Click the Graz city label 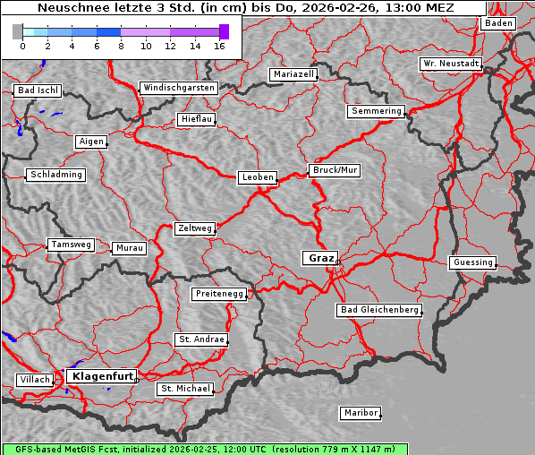pos(320,258)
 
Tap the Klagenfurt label pos(101,376)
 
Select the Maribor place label pos(361,413)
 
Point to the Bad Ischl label pos(38,90)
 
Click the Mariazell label pos(293,74)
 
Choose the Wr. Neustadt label pos(450,64)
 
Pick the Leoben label pos(258,177)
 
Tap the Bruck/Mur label pos(335,169)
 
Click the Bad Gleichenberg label pos(378,310)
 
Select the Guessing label pos(471,262)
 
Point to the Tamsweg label pos(70,245)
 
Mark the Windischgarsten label pos(178,88)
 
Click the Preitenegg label pos(218,294)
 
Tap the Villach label pos(35,380)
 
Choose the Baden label pos(498,23)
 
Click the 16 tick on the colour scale pos(219,45)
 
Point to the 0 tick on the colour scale pos(22,45)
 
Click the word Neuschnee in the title pos(69,8)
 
